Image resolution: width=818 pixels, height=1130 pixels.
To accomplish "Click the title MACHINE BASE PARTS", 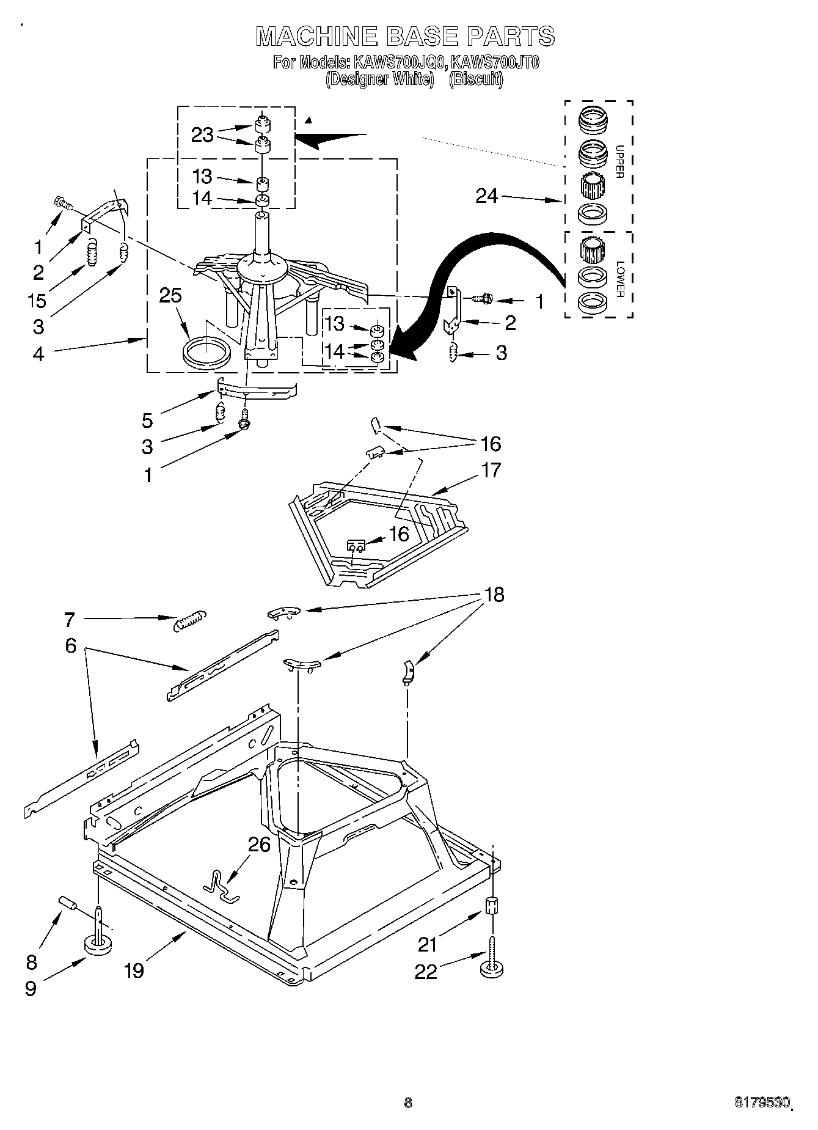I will [x=405, y=36].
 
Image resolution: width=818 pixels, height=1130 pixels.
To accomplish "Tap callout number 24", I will [x=487, y=196].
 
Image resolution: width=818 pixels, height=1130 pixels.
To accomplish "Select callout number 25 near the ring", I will [x=170, y=296].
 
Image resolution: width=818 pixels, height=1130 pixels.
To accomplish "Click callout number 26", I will [x=260, y=845].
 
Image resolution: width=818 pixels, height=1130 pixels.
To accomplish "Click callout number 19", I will [x=134, y=970].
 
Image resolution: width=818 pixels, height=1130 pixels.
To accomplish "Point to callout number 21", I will [x=428, y=944].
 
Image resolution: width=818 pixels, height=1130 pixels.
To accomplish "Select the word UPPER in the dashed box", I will [x=619, y=161].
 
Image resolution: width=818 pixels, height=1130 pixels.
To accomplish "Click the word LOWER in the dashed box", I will [x=619, y=279].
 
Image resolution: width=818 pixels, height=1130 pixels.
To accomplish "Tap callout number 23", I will [x=202, y=134].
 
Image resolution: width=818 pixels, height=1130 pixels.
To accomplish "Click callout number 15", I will [x=38, y=300].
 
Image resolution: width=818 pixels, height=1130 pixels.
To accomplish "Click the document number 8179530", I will [x=762, y=1103].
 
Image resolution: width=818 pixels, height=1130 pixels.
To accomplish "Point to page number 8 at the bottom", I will [x=407, y=1103].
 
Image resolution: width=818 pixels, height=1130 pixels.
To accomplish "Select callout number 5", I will [x=147, y=420].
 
